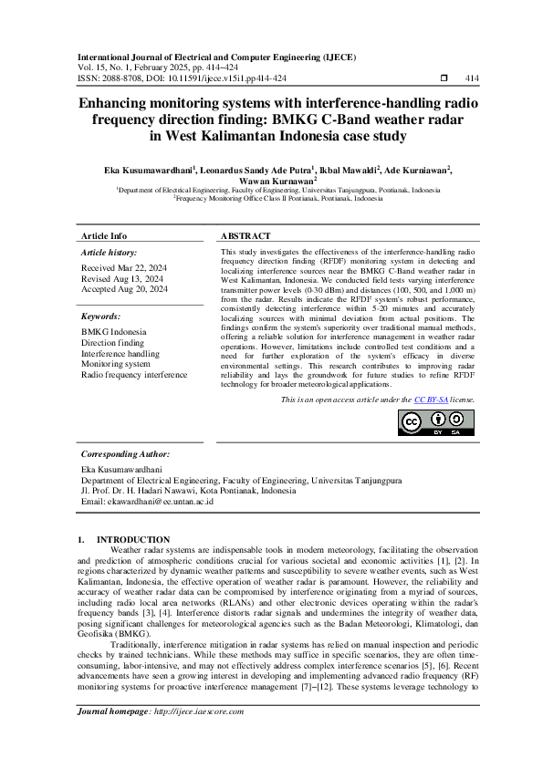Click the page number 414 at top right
(473, 78)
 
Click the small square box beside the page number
(444, 78)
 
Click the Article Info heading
(105, 234)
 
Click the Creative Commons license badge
(437, 422)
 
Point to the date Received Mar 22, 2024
(124, 268)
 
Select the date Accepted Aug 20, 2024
(125, 288)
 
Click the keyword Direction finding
(114, 342)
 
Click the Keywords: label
(102, 316)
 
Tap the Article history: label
(110, 251)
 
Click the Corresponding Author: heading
(125, 453)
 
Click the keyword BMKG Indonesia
(114, 331)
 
